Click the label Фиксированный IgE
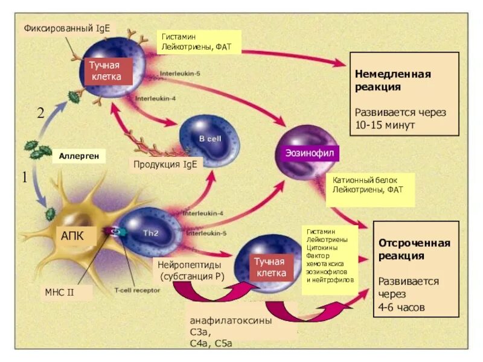66,29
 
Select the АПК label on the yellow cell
72,235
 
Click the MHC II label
59,293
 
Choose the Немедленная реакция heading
392,80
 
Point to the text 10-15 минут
385,125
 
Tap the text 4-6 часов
401,307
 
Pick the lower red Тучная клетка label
269,266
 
